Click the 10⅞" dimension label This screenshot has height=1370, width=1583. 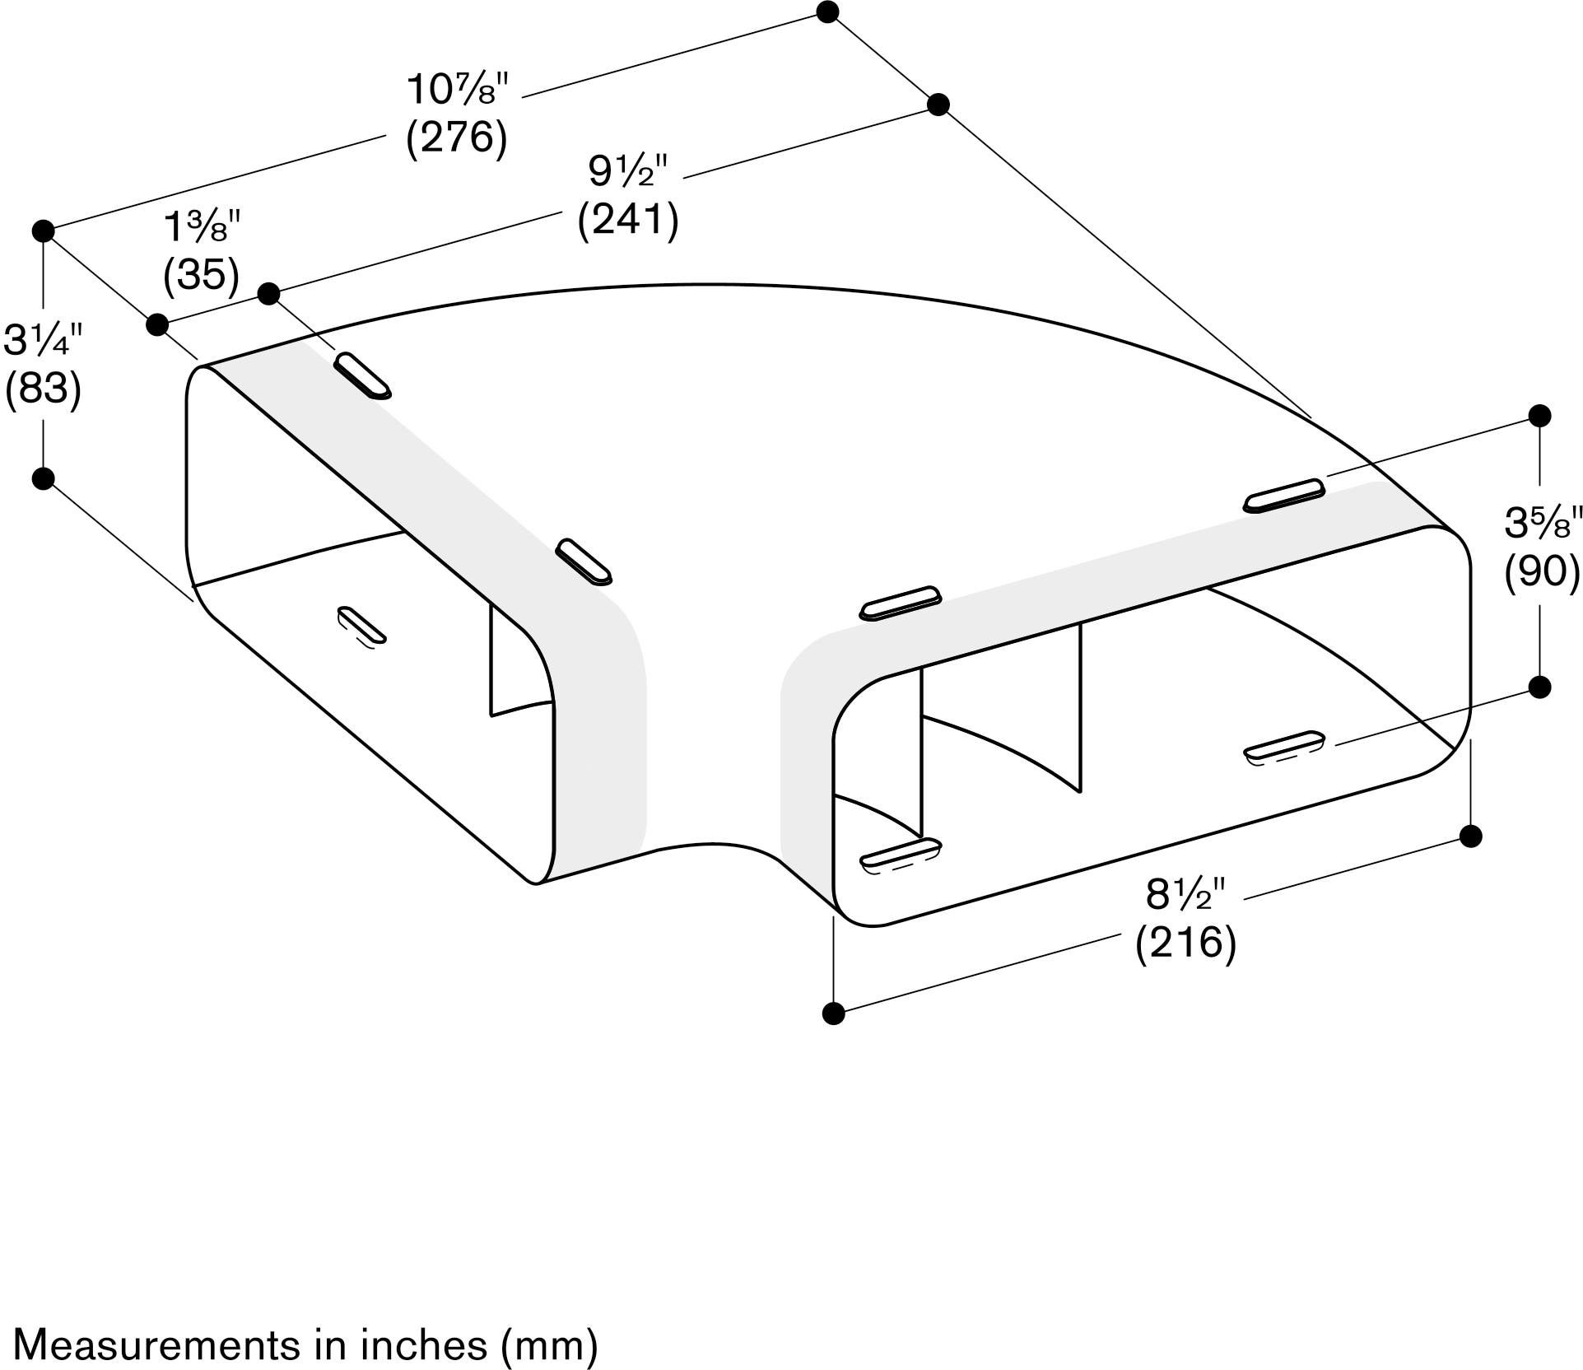tap(459, 89)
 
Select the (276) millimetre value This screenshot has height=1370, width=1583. tap(457, 137)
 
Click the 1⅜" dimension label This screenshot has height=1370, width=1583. tap(203, 226)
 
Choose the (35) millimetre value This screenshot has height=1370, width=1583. tap(202, 275)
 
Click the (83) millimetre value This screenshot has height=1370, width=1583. tap(44, 388)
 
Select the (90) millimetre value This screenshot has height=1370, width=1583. tap(1543, 571)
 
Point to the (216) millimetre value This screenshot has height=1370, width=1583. tap(1186, 943)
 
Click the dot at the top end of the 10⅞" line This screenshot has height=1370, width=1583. tap(828, 12)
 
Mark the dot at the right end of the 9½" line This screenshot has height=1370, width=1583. tap(938, 105)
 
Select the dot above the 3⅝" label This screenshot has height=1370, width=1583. tap(1539, 415)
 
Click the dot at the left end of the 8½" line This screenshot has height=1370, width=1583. tap(834, 1013)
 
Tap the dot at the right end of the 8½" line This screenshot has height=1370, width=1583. tap(1470, 836)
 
